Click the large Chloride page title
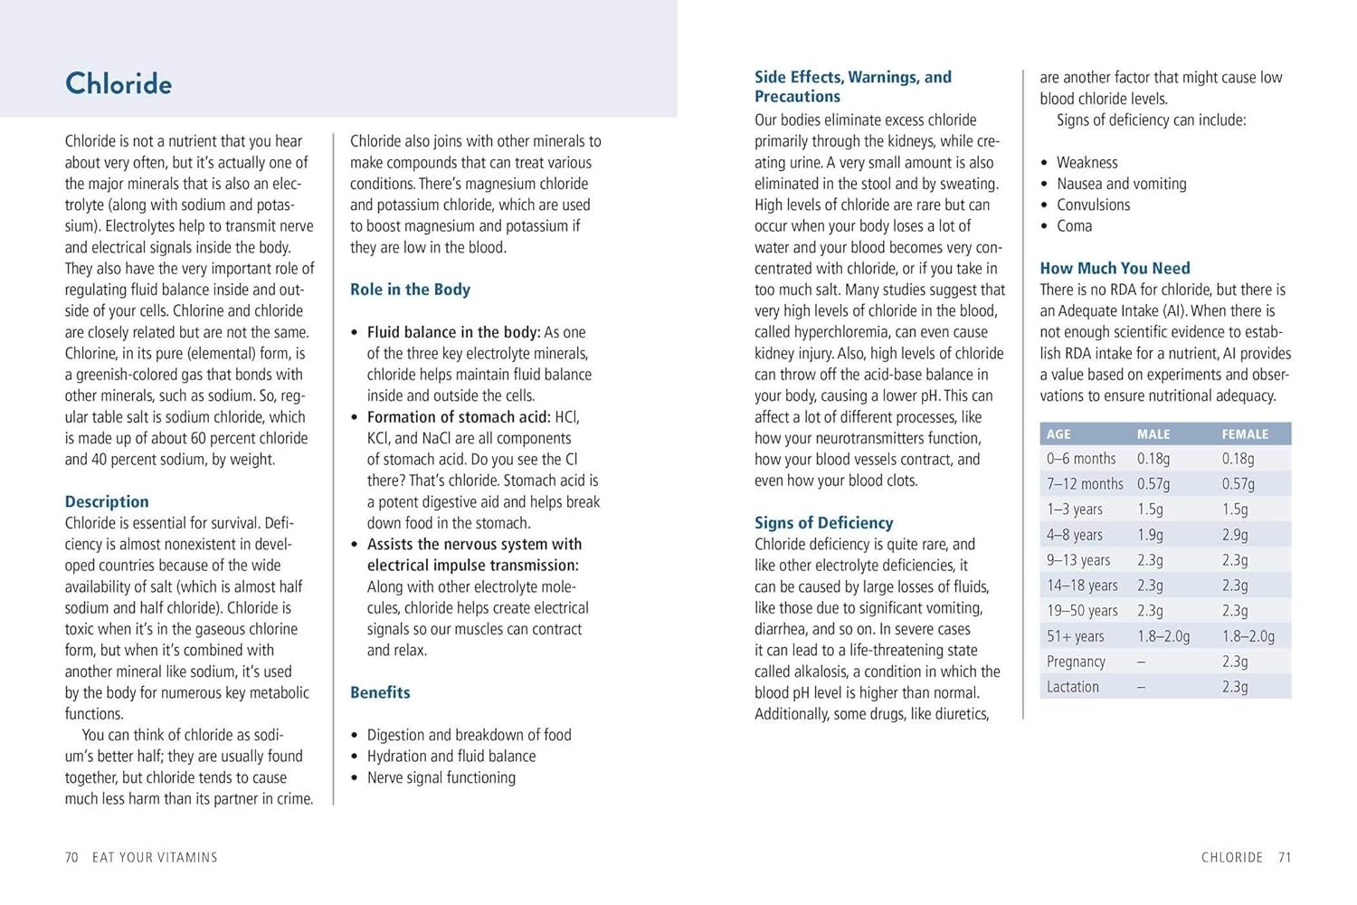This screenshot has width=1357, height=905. tap(119, 84)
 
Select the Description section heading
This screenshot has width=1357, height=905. tap(107, 501)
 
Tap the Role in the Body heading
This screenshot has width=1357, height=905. tap(410, 290)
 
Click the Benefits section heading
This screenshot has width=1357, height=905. tap(380, 692)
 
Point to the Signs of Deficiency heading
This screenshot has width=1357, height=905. tap(823, 522)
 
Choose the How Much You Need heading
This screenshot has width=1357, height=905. tap(1115, 268)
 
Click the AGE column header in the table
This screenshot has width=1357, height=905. tap(1058, 434)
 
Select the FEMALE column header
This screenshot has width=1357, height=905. tap(1245, 434)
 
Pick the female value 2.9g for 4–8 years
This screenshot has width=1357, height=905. tap(1235, 535)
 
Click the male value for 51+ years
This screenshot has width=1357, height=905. tap(1163, 636)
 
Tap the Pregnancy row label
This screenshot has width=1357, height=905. tap(1076, 662)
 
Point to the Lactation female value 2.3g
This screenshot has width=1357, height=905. tap(1235, 687)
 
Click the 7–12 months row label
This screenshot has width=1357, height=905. tap(1085, 484)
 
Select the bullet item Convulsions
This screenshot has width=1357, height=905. tap(1093, 205)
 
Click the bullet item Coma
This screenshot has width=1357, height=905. tap(1074, 226)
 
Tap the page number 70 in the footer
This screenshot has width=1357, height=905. tap(71, 857)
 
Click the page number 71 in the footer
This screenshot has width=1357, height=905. tap(1285, 857)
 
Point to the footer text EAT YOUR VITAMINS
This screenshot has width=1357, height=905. tap(155, 857)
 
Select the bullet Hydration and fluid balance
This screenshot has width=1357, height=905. tap(451, 756)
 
